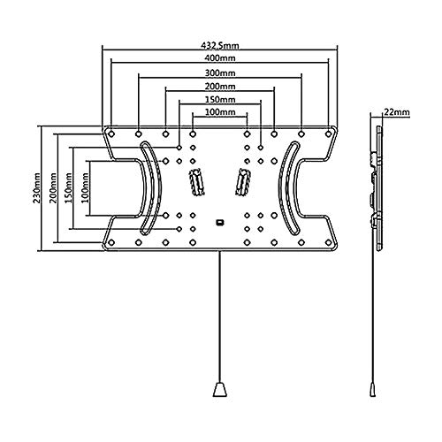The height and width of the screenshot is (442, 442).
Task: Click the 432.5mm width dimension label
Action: pos(220,46)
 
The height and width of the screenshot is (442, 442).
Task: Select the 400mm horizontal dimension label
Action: pos(220,58)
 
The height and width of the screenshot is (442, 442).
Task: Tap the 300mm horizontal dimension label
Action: pos(220,72)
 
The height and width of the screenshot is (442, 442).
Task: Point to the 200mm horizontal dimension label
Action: pos(220,87)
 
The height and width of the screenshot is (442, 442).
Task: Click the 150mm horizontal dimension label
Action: pos(220,100)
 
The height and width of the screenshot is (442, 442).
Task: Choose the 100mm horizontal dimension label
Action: pos(220,112)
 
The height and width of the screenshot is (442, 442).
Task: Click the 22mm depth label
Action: pos(396,112)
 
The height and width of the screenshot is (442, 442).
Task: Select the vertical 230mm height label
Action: pos(37,188)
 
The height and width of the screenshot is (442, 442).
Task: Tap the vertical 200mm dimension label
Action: pos(53,188)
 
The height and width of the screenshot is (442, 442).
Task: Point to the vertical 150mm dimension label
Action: pos(68,188)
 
